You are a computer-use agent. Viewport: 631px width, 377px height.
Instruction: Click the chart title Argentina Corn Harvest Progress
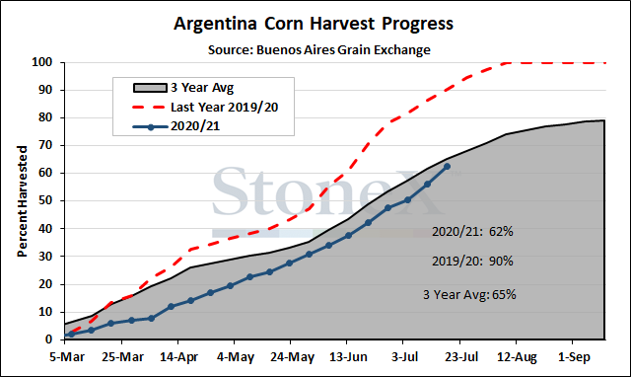pos(314,24)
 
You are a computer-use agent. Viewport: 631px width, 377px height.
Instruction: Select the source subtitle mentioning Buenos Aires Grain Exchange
pos(319,50)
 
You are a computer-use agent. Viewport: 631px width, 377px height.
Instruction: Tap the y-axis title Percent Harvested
pos(22,201)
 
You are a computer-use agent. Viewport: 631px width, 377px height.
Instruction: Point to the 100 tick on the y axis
pos(42,62)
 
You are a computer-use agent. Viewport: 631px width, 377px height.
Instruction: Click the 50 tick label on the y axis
pos(45,200)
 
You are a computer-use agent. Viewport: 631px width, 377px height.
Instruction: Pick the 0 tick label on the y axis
pos(49,339)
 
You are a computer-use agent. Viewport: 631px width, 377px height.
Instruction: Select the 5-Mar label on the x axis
pos(67,357)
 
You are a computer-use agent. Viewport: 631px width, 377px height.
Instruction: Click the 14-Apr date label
pos(179,357)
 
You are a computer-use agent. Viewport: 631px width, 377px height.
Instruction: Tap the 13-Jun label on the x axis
pos(348,357)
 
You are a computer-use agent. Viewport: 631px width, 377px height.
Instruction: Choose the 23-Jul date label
pos(461,357)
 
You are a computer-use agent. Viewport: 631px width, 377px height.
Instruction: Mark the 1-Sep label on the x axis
pos(574,357)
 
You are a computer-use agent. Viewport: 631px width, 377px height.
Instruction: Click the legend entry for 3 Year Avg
pos(183,88)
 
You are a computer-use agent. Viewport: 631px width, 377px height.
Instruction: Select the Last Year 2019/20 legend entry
pos(205,108)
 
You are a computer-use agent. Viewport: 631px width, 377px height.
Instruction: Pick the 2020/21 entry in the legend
pos(176,126)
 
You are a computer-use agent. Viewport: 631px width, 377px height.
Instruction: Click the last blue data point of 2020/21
pos(447,167)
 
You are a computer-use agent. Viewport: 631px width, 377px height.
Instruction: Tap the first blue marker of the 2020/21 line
pos(72,334)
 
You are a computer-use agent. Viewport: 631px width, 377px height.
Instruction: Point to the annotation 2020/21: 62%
pos(472,232)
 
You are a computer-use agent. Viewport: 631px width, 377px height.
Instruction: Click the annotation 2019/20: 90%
pos(472,262)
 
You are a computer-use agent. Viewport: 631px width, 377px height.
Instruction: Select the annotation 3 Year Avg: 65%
pos(469,295)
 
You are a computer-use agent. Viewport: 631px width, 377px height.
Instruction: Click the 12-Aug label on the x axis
pos(517,357)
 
